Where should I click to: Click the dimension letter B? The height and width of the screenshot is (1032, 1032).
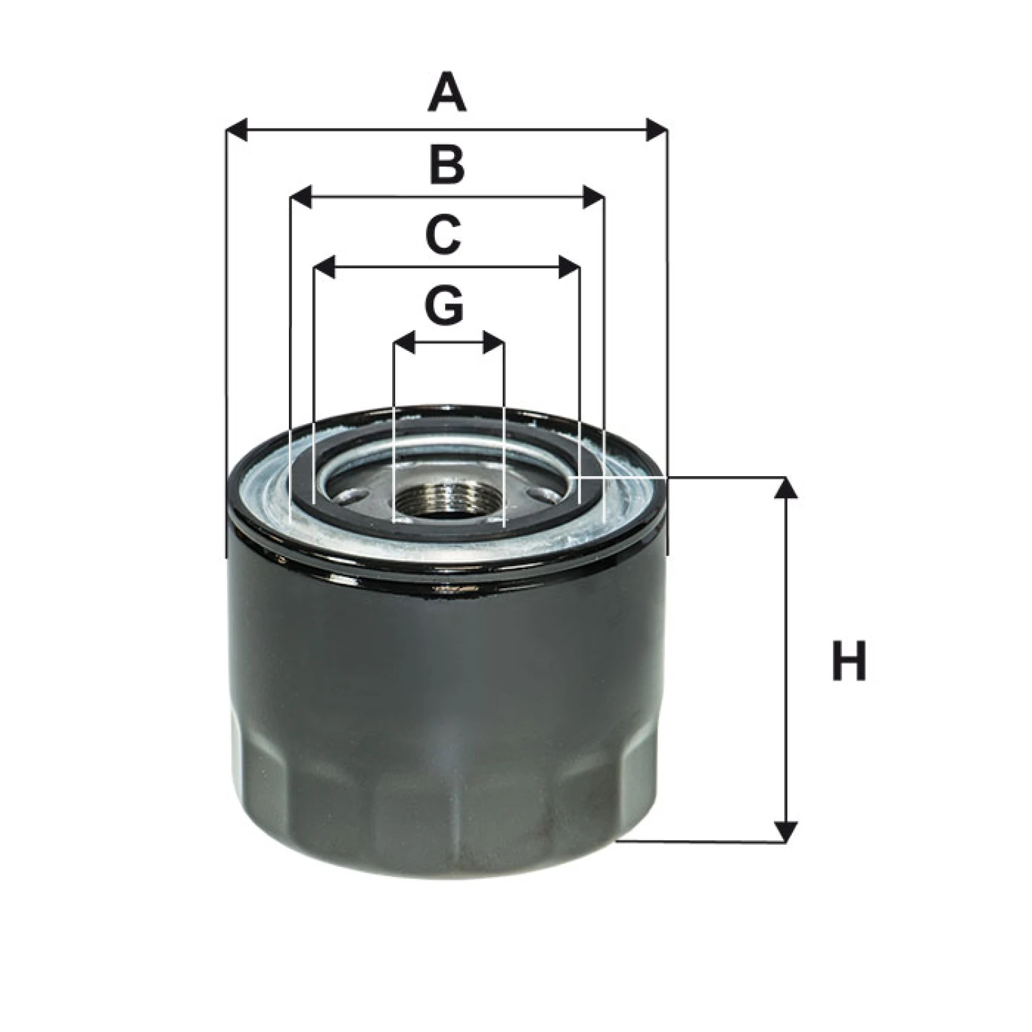click(447, 165)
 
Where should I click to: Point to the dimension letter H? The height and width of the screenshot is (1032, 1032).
click(849, 660)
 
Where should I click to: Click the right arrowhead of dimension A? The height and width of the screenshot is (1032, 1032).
click(656, 129)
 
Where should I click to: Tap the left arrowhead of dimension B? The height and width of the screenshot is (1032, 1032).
click(301, 197)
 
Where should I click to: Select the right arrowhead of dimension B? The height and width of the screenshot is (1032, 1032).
click(594, 197)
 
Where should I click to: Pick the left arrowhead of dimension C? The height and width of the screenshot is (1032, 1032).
click(325, 267)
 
